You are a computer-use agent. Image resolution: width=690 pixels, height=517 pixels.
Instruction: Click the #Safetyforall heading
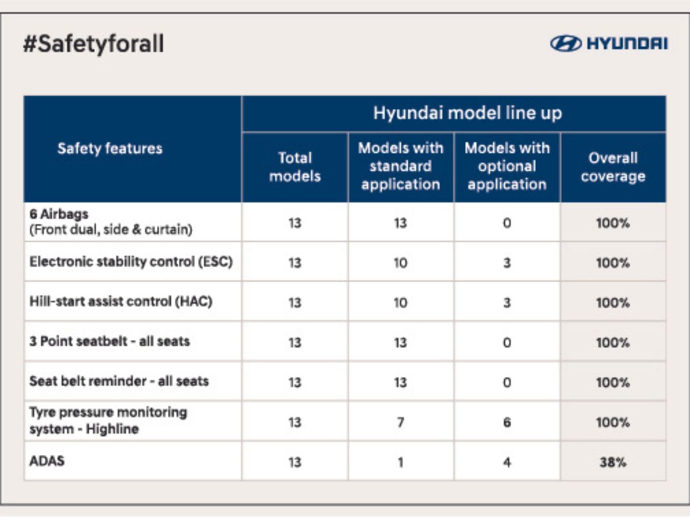tap(93, 44)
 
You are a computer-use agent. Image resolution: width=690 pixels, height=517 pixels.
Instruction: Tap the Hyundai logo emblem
tap(566, 44)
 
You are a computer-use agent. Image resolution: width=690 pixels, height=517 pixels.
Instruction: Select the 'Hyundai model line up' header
tap(467, 113)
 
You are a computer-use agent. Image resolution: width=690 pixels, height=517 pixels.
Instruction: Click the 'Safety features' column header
tap(110, 148)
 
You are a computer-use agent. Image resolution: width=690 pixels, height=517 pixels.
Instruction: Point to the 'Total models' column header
tap(295, 167)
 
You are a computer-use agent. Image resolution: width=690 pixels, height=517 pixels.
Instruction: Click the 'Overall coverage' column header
tap(613, 167)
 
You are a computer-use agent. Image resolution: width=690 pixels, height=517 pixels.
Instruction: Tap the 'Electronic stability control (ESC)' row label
tap(131, 261)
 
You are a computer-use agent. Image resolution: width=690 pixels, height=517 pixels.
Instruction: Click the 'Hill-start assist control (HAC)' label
tap(121, 301)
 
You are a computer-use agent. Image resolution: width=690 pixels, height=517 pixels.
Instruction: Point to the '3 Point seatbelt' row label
tap(109, 341)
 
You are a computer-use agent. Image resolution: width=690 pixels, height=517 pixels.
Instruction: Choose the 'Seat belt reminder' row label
tap(119, 381)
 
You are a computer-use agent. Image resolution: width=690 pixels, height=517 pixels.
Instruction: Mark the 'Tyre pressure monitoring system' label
tap(108, 420)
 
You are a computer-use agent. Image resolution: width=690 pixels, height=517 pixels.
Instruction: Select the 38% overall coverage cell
tap(613, 462)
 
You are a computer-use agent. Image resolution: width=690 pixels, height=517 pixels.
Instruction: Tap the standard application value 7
tap(401, 422)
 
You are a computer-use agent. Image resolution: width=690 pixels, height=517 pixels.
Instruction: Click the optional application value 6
tap(507, 422)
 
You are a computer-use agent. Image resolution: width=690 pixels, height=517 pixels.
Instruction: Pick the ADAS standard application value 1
tap(401, 462)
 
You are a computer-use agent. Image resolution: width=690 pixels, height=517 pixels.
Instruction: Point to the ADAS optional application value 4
tap(507, 462)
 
